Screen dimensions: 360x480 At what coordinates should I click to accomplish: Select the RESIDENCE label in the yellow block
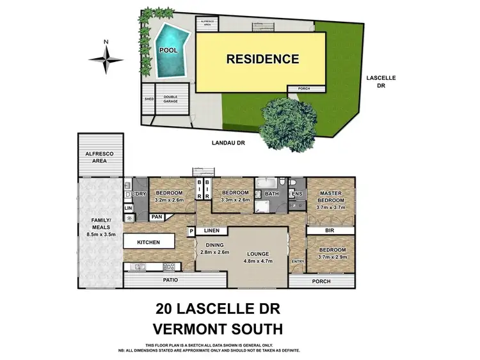[x=262, y=59]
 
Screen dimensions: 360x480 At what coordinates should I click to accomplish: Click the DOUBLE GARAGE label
[x=172, y=100]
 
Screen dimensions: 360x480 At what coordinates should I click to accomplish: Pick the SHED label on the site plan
[x=149, y=100]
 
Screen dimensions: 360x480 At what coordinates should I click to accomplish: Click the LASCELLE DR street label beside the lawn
[x=381, y=81]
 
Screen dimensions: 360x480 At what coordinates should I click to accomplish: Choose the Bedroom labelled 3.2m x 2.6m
[x=169, y=196]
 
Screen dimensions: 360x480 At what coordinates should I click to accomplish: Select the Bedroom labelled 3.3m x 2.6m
[x=235, y=196]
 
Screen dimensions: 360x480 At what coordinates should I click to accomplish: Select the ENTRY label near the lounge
[x=298, y=262]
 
